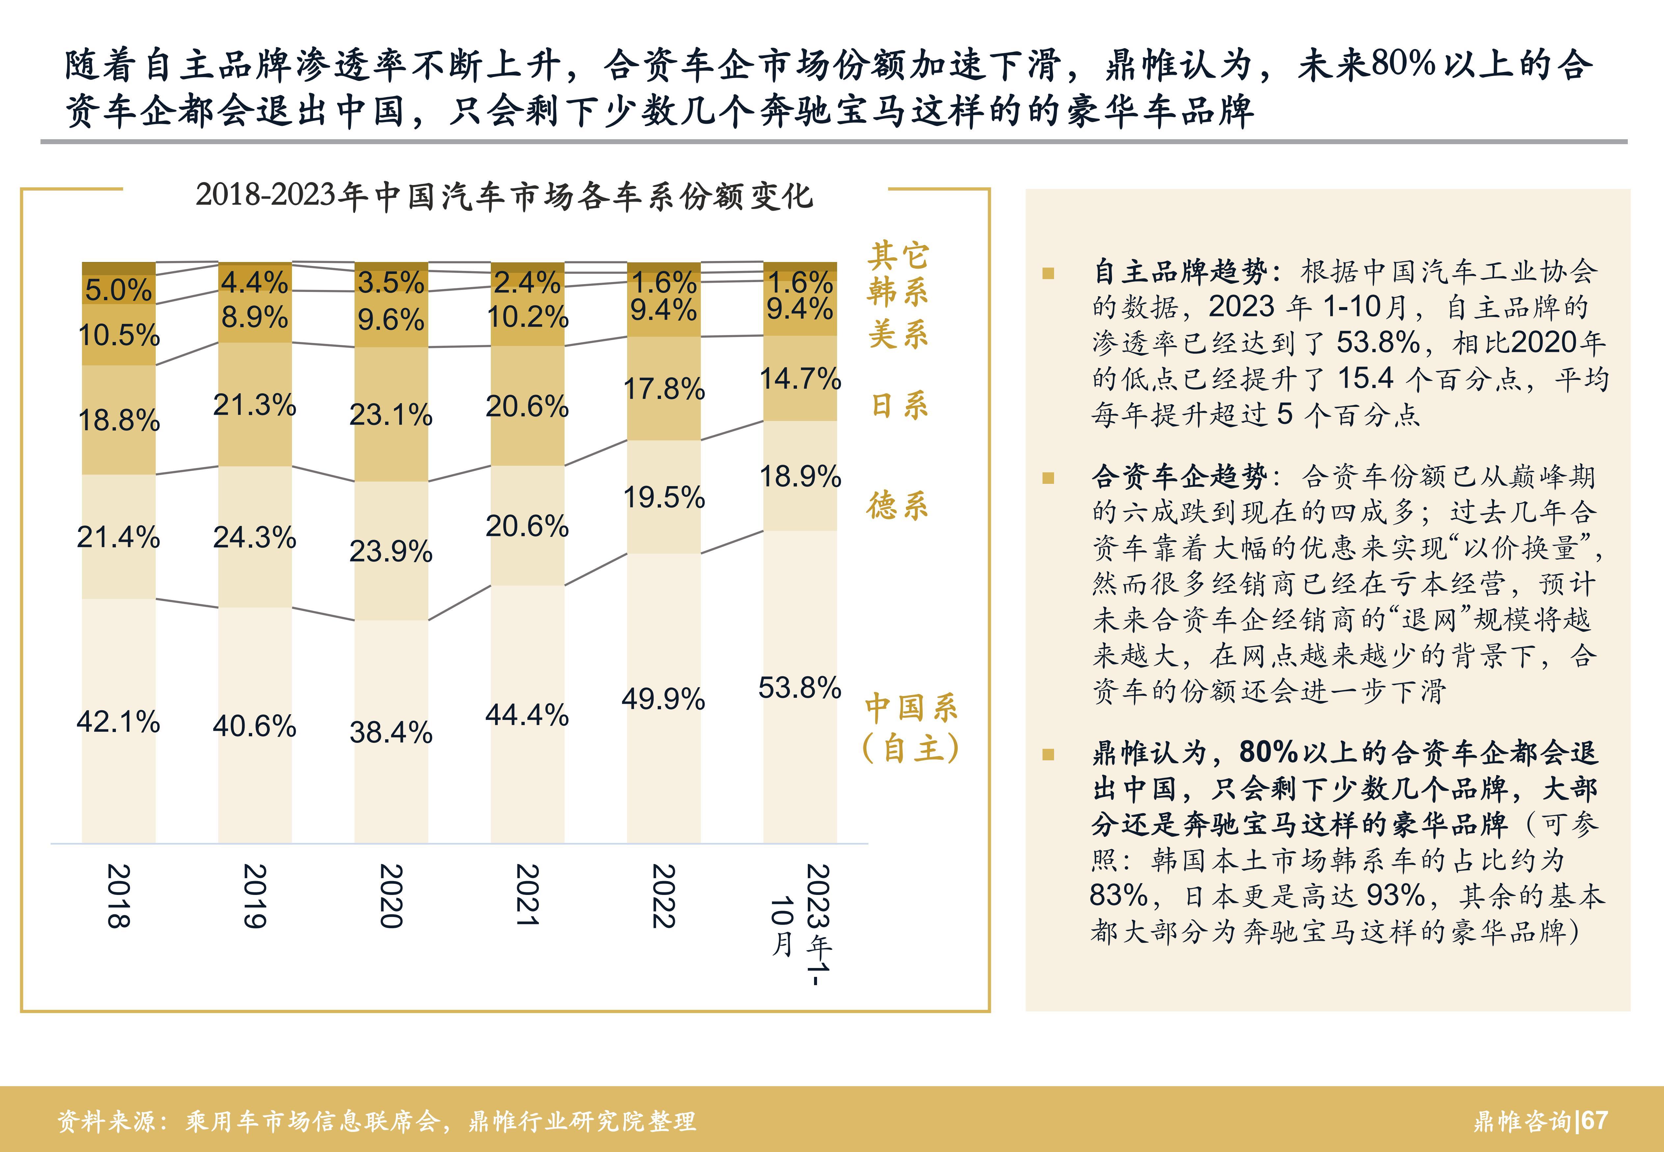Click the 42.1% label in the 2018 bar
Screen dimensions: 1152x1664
119,722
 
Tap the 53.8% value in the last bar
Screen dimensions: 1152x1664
800,688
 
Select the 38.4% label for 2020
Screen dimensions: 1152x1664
390,733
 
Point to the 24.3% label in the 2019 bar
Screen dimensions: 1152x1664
254,538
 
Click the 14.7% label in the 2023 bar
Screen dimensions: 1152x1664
800,379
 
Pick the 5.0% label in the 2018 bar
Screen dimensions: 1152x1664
119,290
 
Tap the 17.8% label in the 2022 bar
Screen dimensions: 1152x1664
663,389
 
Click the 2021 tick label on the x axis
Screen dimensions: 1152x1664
527,895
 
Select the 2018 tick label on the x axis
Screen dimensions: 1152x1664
119,895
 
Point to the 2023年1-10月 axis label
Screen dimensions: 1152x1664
801,924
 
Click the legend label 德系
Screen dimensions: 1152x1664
897,505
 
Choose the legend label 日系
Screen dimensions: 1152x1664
899,406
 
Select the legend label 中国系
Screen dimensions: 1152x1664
911,709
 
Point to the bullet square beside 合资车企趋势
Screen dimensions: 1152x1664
1048,478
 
